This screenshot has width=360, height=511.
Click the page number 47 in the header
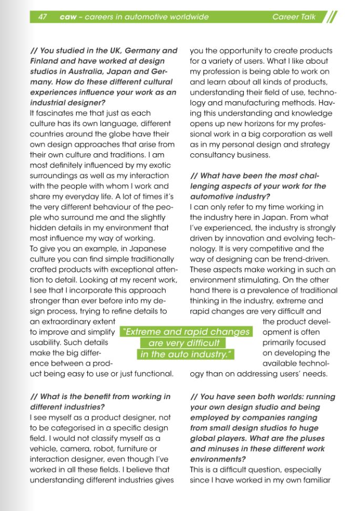coord(43,17)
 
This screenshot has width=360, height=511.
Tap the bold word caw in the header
coord(68,17)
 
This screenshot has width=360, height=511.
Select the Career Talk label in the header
coord(294,17)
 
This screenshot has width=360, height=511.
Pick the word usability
coord(47,342)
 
